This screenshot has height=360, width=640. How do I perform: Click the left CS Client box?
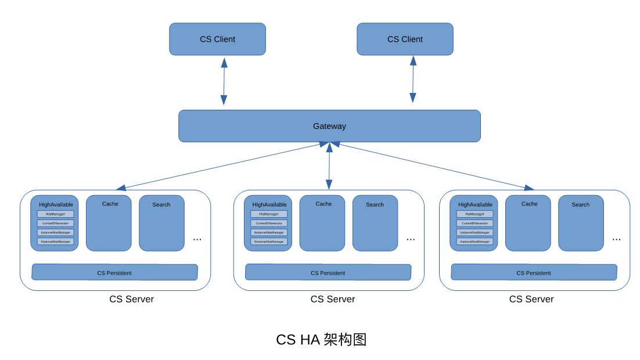217,39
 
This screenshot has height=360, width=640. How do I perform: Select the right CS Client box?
405,39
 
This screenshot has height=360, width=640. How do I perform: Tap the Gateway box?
329,126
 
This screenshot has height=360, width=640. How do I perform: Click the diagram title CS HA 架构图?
321,340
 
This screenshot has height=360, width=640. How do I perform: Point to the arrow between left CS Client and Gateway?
224,81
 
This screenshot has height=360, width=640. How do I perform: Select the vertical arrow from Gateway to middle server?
329,166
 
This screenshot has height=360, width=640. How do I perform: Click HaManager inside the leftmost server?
56,214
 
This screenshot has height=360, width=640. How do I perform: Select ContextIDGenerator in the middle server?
269,223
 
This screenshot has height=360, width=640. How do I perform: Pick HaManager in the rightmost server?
474,214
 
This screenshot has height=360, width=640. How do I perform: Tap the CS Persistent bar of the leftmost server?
114,272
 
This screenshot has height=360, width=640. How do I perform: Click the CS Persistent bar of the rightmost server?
534,272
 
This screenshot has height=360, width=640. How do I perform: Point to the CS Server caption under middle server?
332,299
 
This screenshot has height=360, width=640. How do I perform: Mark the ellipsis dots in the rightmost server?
616,239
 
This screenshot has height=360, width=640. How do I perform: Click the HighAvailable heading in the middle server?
269,204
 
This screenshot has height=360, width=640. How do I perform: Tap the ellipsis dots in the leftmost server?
197,239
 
